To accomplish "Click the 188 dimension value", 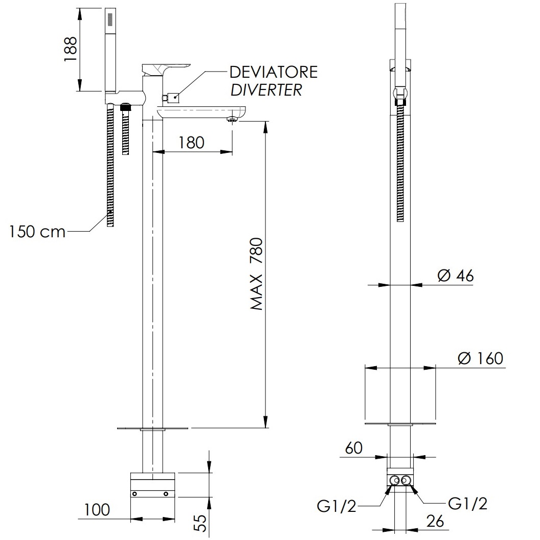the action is pos(70,49).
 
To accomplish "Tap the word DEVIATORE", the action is pos(274,72).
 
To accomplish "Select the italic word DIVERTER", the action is pos(266,90).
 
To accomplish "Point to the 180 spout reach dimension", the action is pos(191,143).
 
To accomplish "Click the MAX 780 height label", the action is pos(257,274).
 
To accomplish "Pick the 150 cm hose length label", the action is pos(37,232).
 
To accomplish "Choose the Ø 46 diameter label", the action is pos(456,276).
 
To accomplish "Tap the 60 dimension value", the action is pos(354,448).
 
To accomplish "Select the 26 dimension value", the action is pos(435,522).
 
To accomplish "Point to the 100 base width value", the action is pos(97,510).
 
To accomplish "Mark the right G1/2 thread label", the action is pos(468,504).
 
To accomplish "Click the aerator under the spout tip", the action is pos(233,120).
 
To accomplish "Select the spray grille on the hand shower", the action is pos(110,20).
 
